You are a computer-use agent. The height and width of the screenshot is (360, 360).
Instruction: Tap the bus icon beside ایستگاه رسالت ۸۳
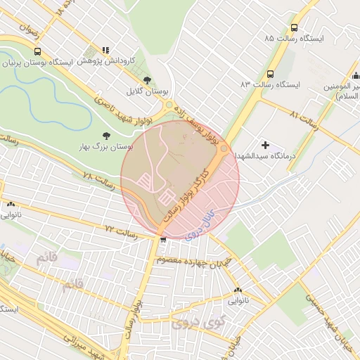coord(271,74)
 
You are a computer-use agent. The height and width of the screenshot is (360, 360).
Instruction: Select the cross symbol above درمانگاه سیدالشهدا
coord(264,144)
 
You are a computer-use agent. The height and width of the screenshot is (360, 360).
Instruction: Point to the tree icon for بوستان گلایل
coord(146,80)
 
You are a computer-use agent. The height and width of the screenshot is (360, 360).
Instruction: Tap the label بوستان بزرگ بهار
coord(108,148)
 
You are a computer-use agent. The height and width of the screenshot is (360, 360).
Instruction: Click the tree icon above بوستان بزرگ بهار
coord(106,135)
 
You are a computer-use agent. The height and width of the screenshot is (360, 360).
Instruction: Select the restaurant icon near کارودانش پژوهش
coord(105,51)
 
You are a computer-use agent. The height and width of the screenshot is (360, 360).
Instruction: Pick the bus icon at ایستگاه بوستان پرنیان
coord(37,51)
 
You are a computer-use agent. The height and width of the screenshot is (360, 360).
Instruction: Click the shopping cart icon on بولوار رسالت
coord(163,240)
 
